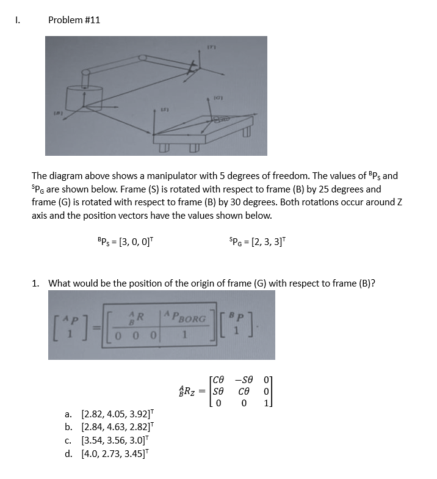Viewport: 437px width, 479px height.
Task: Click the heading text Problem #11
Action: point(74,20)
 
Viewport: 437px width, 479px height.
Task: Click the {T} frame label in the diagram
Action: point(212,46)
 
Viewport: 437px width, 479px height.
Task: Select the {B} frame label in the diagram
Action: point(59,112)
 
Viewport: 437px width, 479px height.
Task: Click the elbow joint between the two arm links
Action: point(143,58)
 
